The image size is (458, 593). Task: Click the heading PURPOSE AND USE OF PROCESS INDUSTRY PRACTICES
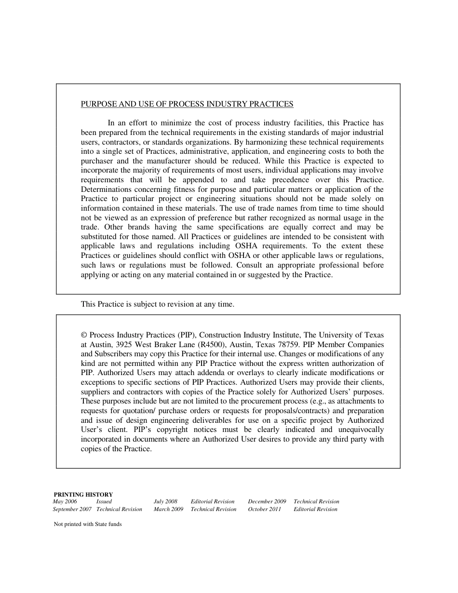pos(187,104)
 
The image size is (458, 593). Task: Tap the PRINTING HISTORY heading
pos(83,494)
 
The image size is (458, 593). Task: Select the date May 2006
pos(65,501)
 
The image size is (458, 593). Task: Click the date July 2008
pos(165,501)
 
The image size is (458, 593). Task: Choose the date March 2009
pos(168,509)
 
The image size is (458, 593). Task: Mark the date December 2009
pos(267,501)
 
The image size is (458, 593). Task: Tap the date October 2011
pos(264,509)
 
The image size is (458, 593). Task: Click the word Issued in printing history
pos(104,501)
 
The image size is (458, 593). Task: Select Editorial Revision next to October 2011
pos(315,509)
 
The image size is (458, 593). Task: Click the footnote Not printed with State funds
pos(87,524)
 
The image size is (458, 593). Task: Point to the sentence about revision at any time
pos(157,304)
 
